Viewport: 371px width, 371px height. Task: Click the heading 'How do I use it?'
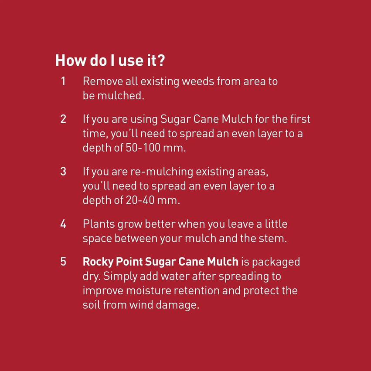coord(110,61)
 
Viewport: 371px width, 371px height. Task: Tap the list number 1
coord(63,81)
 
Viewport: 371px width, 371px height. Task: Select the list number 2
coord(63,119)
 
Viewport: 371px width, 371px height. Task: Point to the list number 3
coord(63,171)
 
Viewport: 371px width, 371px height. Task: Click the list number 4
coord(63,224)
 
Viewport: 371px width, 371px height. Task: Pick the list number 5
coord(63,262)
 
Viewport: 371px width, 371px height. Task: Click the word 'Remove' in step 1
coord(103,81)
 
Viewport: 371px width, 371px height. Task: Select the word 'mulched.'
coord(121,96)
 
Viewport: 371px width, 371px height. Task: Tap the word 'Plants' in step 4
coord(99,224)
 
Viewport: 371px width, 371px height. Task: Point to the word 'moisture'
coord(149,290)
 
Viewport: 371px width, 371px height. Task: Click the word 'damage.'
coord(177,305)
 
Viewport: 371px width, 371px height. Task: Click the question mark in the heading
coord(161,61)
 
